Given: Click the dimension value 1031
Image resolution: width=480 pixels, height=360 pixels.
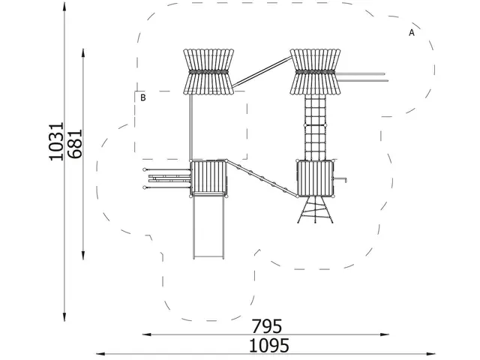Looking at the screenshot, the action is pos(56,141).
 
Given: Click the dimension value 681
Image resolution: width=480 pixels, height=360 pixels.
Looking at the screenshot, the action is pos(75,143).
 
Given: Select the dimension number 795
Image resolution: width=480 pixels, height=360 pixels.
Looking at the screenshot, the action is pos(266,326).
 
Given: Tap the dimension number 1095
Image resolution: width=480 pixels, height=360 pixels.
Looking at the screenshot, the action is pos(268,346).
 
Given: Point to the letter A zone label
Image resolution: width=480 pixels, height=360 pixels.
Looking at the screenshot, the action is pos(412,32).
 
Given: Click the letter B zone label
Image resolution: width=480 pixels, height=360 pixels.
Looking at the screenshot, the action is pos(143,97).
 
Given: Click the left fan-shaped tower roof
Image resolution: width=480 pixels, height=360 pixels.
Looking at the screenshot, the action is pos(208,72).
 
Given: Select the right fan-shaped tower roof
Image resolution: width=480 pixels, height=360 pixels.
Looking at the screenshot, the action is pos(315,72).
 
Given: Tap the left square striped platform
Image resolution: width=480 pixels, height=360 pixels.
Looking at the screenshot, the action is pos(208,178).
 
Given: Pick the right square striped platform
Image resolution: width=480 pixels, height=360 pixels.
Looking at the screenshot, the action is pos(315,178).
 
